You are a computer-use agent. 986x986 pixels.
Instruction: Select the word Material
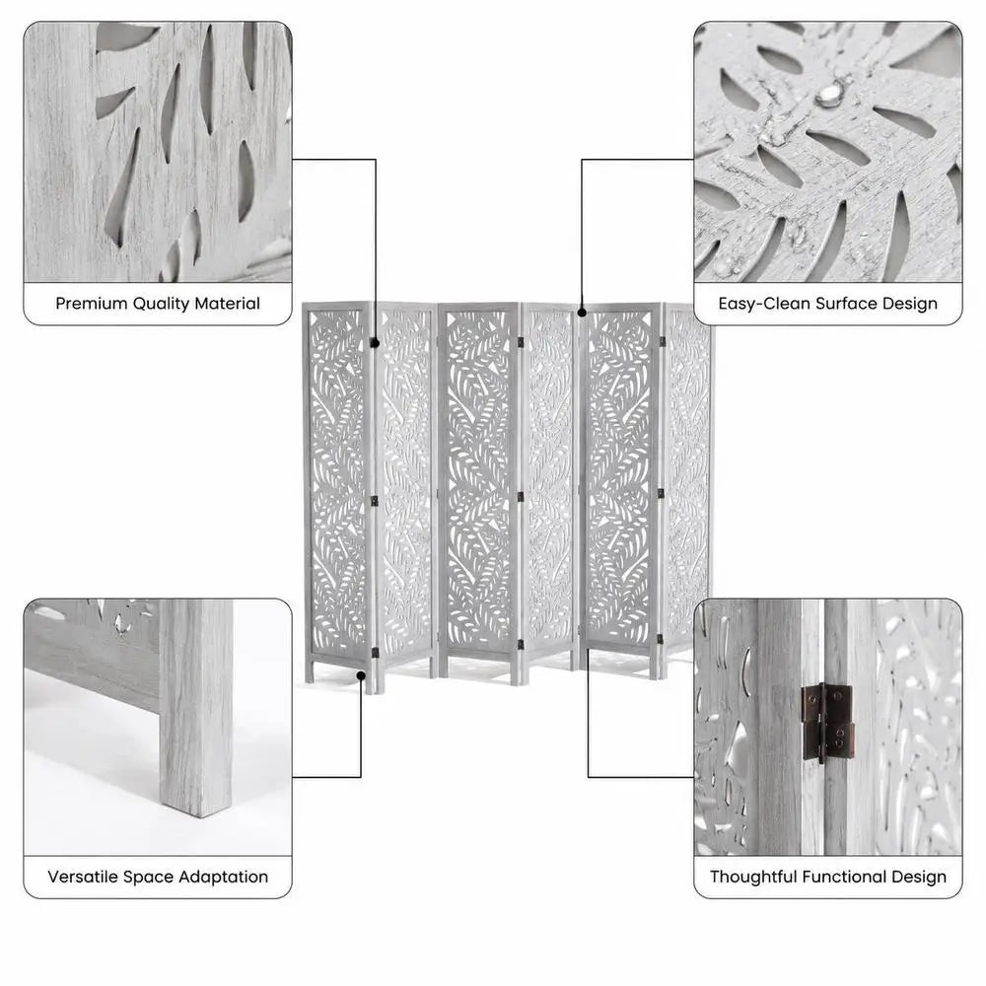pos(227,304)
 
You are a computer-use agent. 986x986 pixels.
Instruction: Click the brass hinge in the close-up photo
pos(827,722)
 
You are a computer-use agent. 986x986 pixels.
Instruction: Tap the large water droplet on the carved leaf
pos(828,96)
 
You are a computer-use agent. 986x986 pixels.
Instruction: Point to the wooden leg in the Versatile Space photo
pos(195,707)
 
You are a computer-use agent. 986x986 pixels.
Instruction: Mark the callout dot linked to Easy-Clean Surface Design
pos(582,312)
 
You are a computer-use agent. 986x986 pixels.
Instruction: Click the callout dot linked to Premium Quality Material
pos(376,343)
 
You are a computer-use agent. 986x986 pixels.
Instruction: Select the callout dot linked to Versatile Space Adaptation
pos(361,675)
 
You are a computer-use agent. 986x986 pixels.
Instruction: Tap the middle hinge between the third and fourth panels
pos(521,497)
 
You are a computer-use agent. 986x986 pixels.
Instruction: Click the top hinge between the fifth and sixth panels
pos(663,341)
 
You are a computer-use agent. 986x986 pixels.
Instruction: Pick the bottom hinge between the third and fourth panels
pos(521,646)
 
